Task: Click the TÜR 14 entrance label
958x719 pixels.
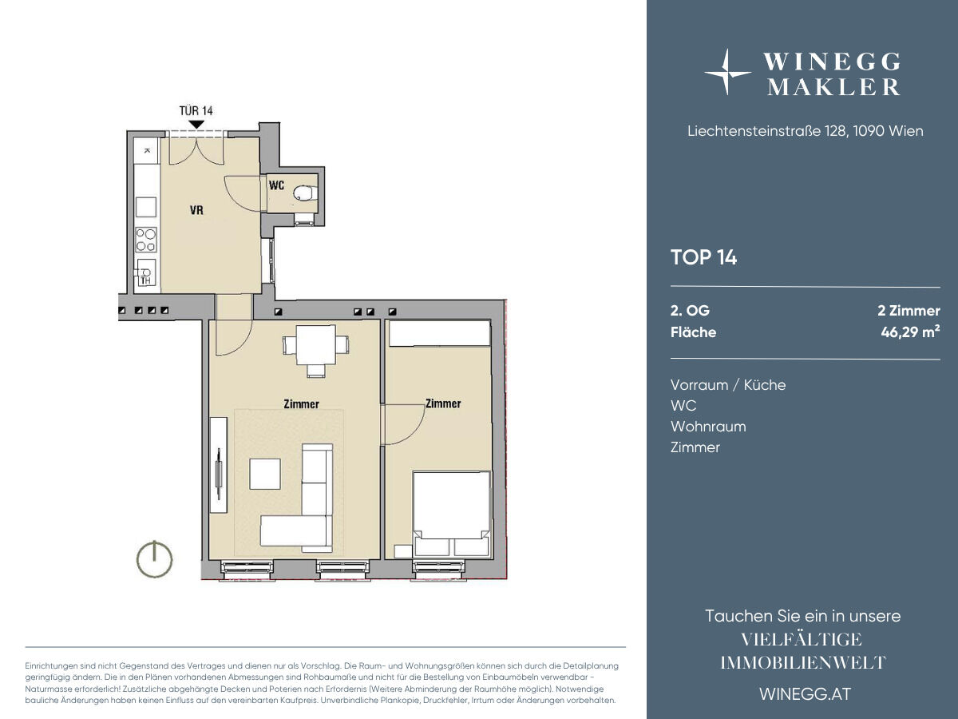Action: (x=196, y=111)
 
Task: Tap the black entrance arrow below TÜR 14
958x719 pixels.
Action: (x=197, y=125)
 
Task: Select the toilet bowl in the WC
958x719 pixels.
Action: (x=306, y=193)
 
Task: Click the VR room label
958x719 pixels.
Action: (x=196, y=210)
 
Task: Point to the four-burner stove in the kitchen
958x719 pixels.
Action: (x=146, y=240)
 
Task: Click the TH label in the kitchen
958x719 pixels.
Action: (x=145, y=280)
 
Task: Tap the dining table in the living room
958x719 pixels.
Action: (x=316, y=345)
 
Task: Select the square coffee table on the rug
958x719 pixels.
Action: (x=265, y=474)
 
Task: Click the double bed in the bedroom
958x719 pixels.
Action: (x=451, y=514)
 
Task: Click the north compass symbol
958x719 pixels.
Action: (x=155, y=559)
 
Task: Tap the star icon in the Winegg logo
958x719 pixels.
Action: (x=726, y=72)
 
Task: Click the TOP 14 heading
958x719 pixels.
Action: (x=703, y=257)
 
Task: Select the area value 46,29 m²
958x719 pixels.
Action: (x=910, y=332)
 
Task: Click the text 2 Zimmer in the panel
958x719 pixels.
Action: (x=909, y=311)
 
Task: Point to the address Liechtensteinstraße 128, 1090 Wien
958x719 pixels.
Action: (x=806, y=131)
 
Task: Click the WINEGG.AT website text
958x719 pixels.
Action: (x=806, y=694)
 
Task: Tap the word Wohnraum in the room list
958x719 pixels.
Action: (x=708, y=427)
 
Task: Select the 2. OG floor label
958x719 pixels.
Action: (x=690, y=311)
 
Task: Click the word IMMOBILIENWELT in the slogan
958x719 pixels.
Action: (x=803, y=663)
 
